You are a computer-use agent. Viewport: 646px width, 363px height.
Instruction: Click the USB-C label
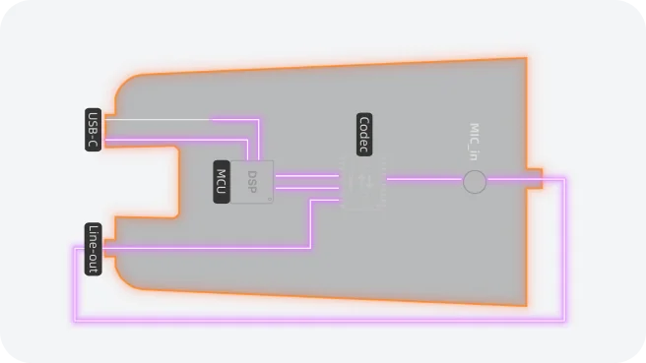tap(94, 130)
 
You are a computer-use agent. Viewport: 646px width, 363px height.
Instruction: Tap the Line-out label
tap(94, 249)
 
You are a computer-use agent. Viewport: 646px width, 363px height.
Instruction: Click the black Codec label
tap(364, 135)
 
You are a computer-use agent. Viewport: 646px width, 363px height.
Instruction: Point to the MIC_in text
tap(474, 143)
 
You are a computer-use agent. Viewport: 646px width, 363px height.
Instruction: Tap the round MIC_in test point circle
tap(475, 181)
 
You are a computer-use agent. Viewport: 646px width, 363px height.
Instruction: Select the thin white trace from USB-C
tap(158, 121)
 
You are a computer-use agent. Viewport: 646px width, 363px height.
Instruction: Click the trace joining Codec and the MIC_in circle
tap(423, 179)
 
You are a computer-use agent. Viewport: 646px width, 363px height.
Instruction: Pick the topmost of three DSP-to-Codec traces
tap(306, 176)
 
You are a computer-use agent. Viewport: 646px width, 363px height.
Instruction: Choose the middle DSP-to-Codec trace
tap(306, 188)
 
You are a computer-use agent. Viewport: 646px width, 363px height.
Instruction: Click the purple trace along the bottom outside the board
tap(315, 320)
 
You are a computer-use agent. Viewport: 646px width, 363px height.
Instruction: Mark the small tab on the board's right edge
tap(535, 178)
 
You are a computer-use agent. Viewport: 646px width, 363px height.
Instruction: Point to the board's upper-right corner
tap(525, 59)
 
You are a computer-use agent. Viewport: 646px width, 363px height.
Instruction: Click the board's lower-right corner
tap(525, 304)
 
